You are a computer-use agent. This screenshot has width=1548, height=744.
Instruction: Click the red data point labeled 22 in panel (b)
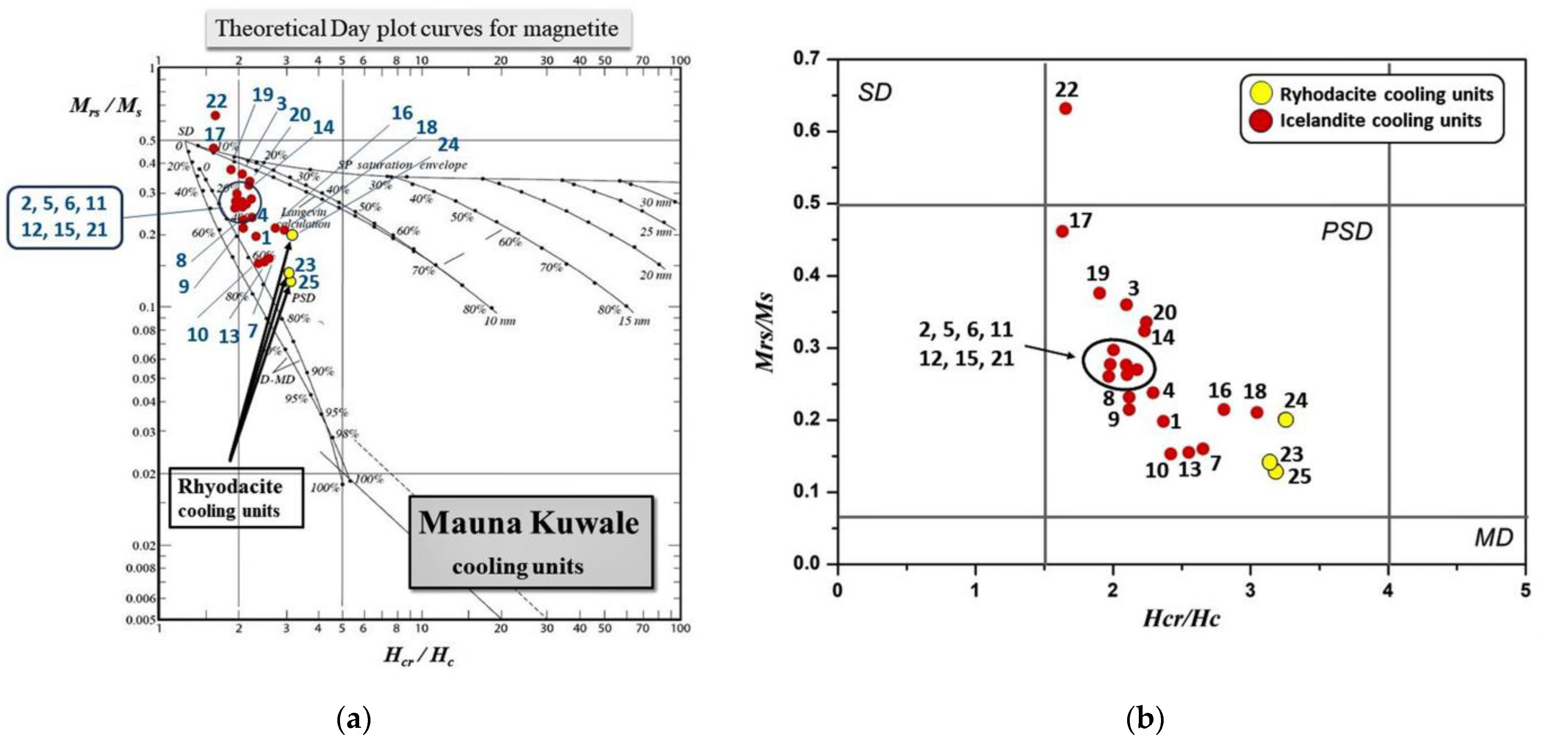point(1065,109)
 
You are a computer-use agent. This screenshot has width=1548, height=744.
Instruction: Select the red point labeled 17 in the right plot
point(1062,231)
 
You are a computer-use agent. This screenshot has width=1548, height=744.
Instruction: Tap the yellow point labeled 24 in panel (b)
point(1286,419)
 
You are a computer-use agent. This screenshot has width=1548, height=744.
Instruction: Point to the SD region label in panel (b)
point(874,93)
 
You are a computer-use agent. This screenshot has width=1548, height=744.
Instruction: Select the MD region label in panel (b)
point(1494,537)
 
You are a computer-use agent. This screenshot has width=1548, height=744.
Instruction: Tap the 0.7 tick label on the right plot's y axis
point(806,59)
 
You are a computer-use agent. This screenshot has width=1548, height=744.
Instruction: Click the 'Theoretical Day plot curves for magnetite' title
point(417,28)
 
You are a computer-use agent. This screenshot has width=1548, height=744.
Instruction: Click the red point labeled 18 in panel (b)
point(1257,412)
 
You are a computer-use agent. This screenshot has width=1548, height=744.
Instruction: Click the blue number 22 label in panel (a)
point(216,101)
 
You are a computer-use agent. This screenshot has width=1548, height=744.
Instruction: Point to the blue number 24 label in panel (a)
point(448,145)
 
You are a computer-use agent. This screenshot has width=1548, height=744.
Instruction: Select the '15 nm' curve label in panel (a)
point(634,321)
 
